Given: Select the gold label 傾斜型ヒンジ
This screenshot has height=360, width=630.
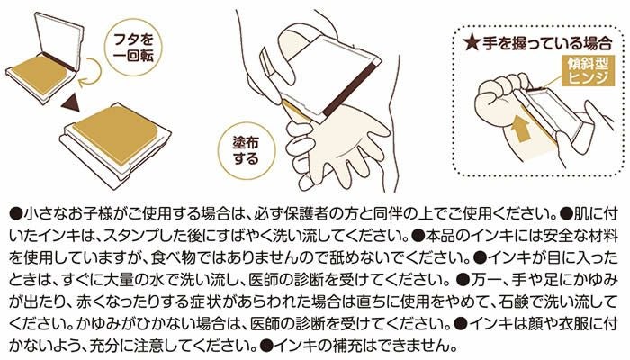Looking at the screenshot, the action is [588, 70].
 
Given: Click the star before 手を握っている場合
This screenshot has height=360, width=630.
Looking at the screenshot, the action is [472, 43].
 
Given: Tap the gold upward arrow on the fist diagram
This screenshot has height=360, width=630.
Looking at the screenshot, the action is [520, 127].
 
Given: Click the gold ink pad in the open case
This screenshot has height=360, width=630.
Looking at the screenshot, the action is [40, 72].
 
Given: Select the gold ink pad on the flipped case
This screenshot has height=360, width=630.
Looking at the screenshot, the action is [116, 134].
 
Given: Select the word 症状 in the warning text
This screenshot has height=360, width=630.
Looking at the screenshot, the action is [153, 301].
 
